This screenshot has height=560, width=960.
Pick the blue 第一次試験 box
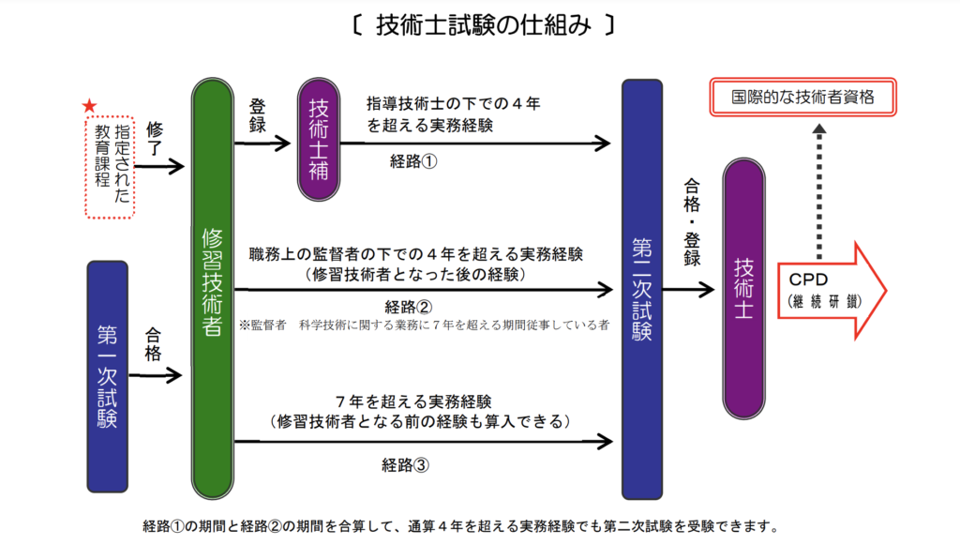(x=107, y=376)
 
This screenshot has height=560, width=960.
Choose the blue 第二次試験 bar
(x=642, y=289)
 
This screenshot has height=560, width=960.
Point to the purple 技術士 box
(x=744, y=287)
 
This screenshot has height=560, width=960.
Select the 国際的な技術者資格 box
(x=802, y=97)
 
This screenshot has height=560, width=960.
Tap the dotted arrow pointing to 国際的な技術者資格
(x=818, y=188)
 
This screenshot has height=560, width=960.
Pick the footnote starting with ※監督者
(x=425, y=325)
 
